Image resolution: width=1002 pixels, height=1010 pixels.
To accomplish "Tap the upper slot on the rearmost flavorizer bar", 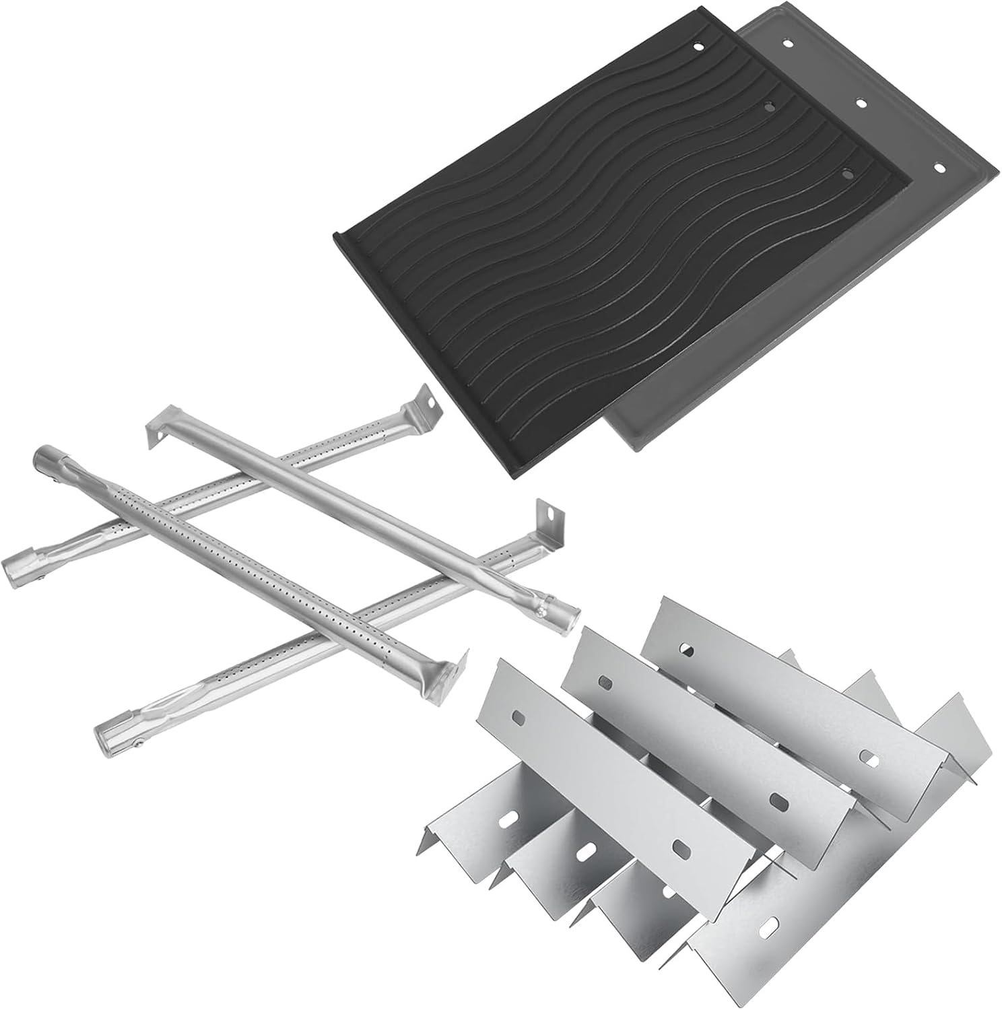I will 687,650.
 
